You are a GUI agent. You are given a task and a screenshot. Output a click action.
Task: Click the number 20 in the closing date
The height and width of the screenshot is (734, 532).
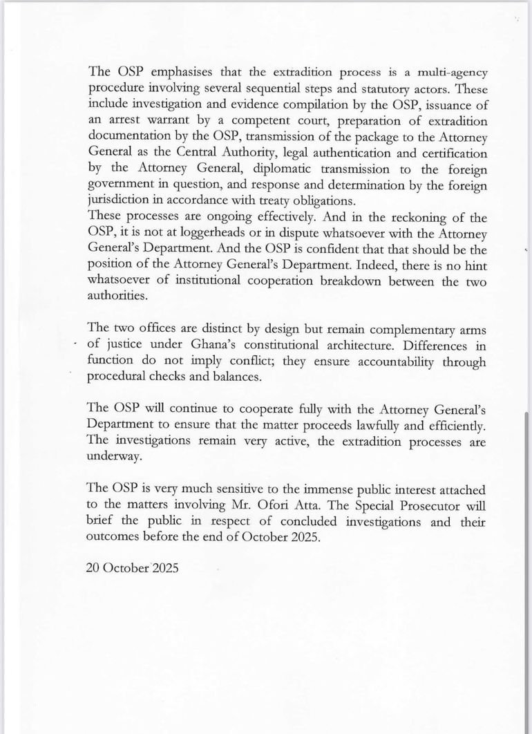pos(95,569)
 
